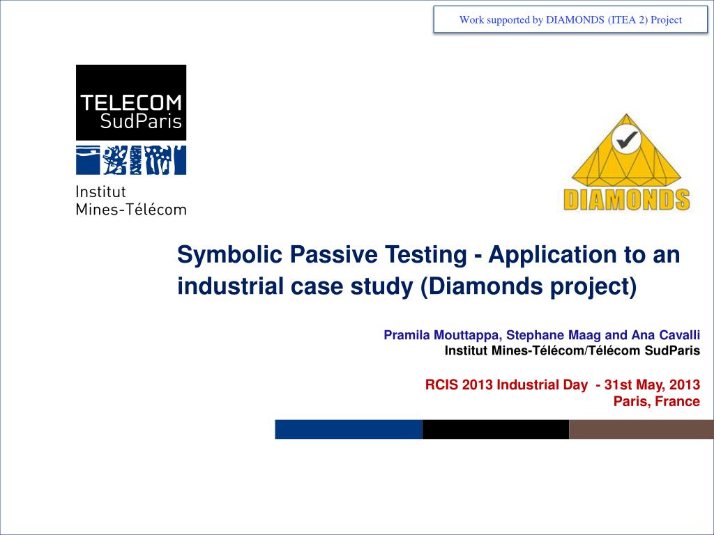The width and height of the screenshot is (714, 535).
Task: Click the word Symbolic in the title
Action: coord(230,255)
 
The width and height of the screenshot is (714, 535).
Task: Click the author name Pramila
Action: coord(407,335)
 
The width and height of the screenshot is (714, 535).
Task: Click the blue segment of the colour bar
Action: coord(349,429)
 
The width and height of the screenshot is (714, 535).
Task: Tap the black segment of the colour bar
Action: coord(496,429)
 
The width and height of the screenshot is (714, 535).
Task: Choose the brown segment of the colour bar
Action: coord(641,429)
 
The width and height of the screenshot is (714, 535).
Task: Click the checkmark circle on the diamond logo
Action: coord(627,139)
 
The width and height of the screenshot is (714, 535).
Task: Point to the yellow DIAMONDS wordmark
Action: coord(627,200)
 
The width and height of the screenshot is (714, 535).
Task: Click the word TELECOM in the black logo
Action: coord(131,103)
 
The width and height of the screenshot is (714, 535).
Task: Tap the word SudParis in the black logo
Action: coord(141,121)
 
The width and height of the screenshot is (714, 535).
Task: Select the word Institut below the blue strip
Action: coord(100,192)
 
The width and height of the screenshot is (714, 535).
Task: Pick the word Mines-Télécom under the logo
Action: coord(131,209)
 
